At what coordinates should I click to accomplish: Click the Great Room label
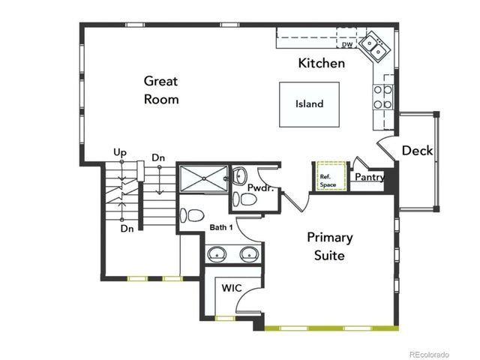click(161, 89)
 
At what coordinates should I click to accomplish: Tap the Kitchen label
click(322, 63)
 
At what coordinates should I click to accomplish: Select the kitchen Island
click(309, 104)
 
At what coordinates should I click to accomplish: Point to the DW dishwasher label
click(347, 45)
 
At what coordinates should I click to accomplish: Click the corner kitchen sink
click(373, 46)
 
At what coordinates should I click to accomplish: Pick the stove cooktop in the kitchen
click(383, 96)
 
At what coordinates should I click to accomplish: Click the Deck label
click(417, 151)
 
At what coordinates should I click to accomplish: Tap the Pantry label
click(370, 178)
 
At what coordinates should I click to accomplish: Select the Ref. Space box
click(328, 176)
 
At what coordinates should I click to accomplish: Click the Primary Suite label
click(330, 246)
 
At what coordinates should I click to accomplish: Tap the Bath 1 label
click(221, 226)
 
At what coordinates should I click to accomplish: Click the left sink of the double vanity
click(217, 253)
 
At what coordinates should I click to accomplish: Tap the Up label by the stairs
click(119, 152)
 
